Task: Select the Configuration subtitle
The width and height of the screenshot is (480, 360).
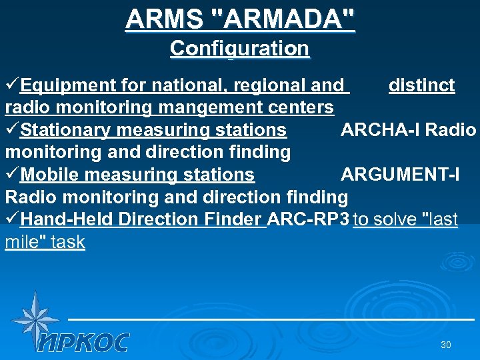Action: [x=239, y=49]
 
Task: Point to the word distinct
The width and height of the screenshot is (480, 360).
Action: [x=421, y=85]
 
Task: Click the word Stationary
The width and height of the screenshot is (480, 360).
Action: [x=67, y=130]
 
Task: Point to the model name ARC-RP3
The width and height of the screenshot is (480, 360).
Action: [x=308, y=219]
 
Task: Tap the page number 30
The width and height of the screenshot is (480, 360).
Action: [x=446, y=345]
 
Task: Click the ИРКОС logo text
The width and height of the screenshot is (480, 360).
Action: [x=83, y=343]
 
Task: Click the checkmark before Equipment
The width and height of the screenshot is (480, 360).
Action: [x=12, y=85]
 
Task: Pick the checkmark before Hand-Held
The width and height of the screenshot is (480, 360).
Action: [x=12, y=219]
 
